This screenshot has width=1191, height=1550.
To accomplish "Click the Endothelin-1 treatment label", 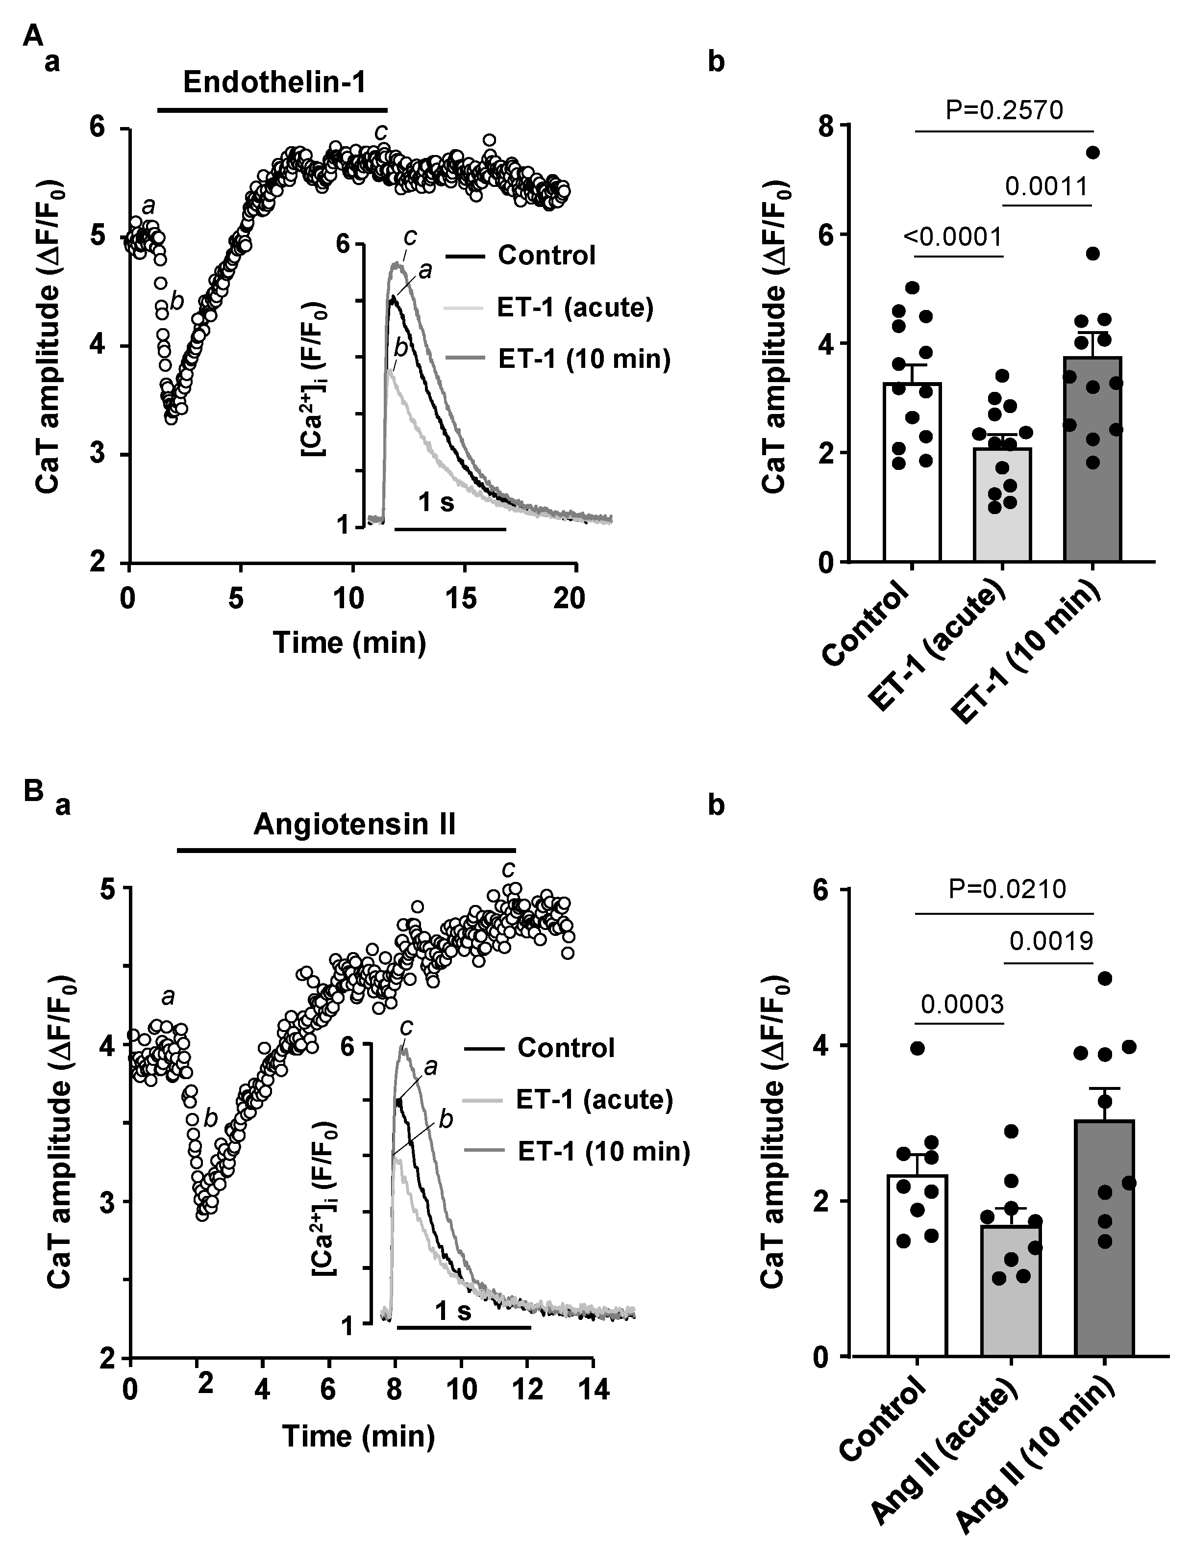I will point(274,83).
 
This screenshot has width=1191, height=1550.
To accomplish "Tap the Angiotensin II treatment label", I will point(354,825).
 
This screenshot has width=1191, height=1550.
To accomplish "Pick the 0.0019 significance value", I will point(1051,941).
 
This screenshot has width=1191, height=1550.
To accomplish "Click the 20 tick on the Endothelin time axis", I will point(569,598).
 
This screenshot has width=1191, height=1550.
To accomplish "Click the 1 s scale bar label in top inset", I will point(436,503).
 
